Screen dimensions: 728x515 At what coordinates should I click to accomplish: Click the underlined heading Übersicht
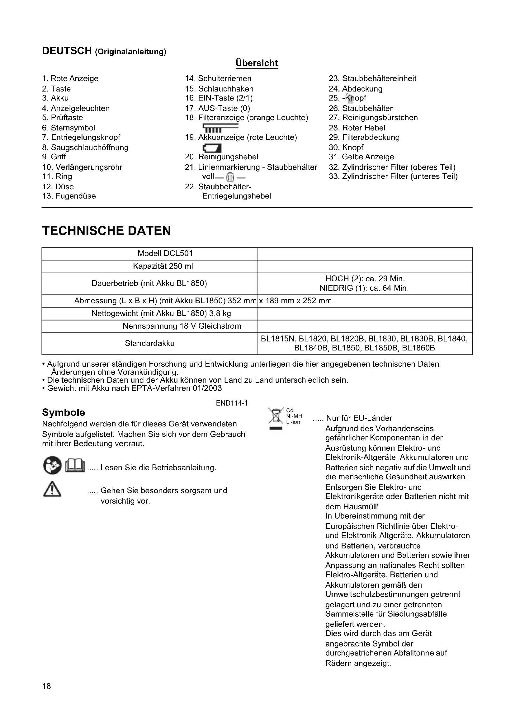tap(257, 63)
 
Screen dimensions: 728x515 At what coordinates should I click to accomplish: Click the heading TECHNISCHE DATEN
tap(106, 231)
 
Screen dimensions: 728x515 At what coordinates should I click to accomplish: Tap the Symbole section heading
tap(64, 412)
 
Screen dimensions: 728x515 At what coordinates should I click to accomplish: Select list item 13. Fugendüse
tap(69, 196)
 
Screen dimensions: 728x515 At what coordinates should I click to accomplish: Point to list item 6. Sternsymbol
tap(69, 128)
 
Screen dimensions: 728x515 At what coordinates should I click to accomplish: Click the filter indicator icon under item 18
tap(220, 128)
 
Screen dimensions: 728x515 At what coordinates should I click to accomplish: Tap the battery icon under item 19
tap(212, 148)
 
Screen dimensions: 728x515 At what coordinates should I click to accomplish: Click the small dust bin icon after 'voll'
tap(230, 176)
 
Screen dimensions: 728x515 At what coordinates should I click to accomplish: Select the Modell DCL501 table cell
tap(165, 254)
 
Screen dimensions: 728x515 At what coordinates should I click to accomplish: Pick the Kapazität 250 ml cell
tap(163, 266)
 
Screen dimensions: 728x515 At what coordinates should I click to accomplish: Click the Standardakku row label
tap(149, 343)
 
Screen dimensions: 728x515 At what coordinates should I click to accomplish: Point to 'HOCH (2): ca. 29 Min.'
tap(365, 279)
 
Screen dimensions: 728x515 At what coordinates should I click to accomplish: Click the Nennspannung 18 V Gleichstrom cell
tap(182, 326)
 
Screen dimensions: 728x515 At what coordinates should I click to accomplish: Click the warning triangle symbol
tap(52, 489)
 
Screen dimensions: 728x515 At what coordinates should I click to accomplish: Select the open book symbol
tap(75, 465)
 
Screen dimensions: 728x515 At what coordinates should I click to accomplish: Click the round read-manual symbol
tap(52, 466)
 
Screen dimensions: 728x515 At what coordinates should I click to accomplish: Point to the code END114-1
tap(232, 403)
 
